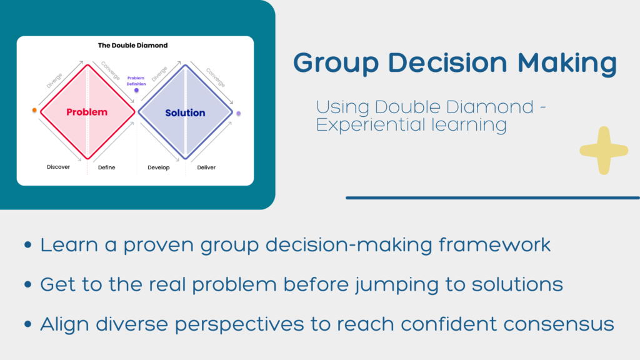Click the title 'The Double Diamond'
[x=132, y=45]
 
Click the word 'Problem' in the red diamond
[x=87, y=112]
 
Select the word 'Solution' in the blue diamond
[x=185, y=113]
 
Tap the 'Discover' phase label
[x=58, y=167]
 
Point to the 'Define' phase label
[x=106, y=167]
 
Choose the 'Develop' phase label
[x=158, y=167]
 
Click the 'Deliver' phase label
[x=206, y=167]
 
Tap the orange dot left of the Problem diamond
[x=34, y=110]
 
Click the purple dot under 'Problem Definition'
[x=136, y=90]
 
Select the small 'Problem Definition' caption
[x=136, y=81]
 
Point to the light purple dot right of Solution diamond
[x=239, y=114]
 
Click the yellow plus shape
[x=604, y=151]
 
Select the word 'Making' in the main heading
[x=567, y=64]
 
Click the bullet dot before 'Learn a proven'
[x=27, y=245]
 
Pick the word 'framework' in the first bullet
[x=495, y=245]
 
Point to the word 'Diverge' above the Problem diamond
[x=54, y=81]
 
